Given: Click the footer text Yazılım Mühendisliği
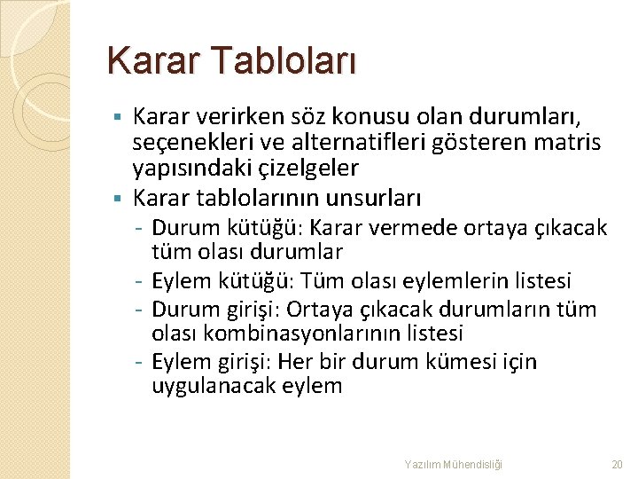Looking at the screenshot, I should (x=453, y=464).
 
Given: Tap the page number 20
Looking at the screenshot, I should (x=617, y=464).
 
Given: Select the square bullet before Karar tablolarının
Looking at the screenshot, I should (x=118, y=196).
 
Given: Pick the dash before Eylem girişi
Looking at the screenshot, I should (x=142, y=362).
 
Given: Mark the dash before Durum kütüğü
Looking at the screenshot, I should (x=142, y=229).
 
